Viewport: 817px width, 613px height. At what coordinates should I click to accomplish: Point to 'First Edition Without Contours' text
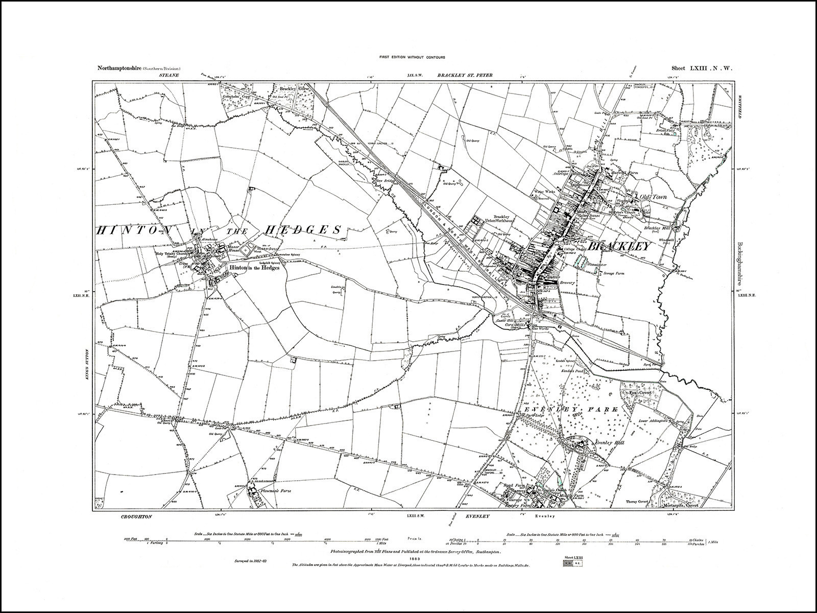[x=408, y=57]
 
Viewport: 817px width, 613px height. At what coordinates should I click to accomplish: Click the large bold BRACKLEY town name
[x=620, y=246]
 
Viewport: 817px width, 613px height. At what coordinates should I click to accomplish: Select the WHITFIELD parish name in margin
[x=739, y=107]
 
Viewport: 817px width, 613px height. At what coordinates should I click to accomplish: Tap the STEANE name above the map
[x=167, y=76]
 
